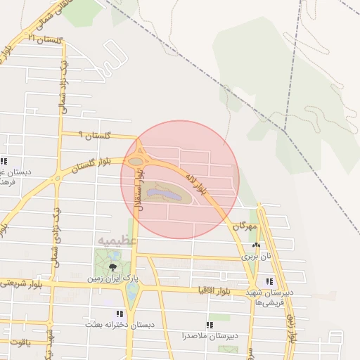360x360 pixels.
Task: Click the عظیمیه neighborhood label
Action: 112,241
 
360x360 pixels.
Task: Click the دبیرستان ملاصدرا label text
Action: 209,335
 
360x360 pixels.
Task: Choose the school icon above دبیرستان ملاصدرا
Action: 209,325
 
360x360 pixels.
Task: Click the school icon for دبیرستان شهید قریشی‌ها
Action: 269,281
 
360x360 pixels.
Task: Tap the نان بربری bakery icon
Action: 256,246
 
